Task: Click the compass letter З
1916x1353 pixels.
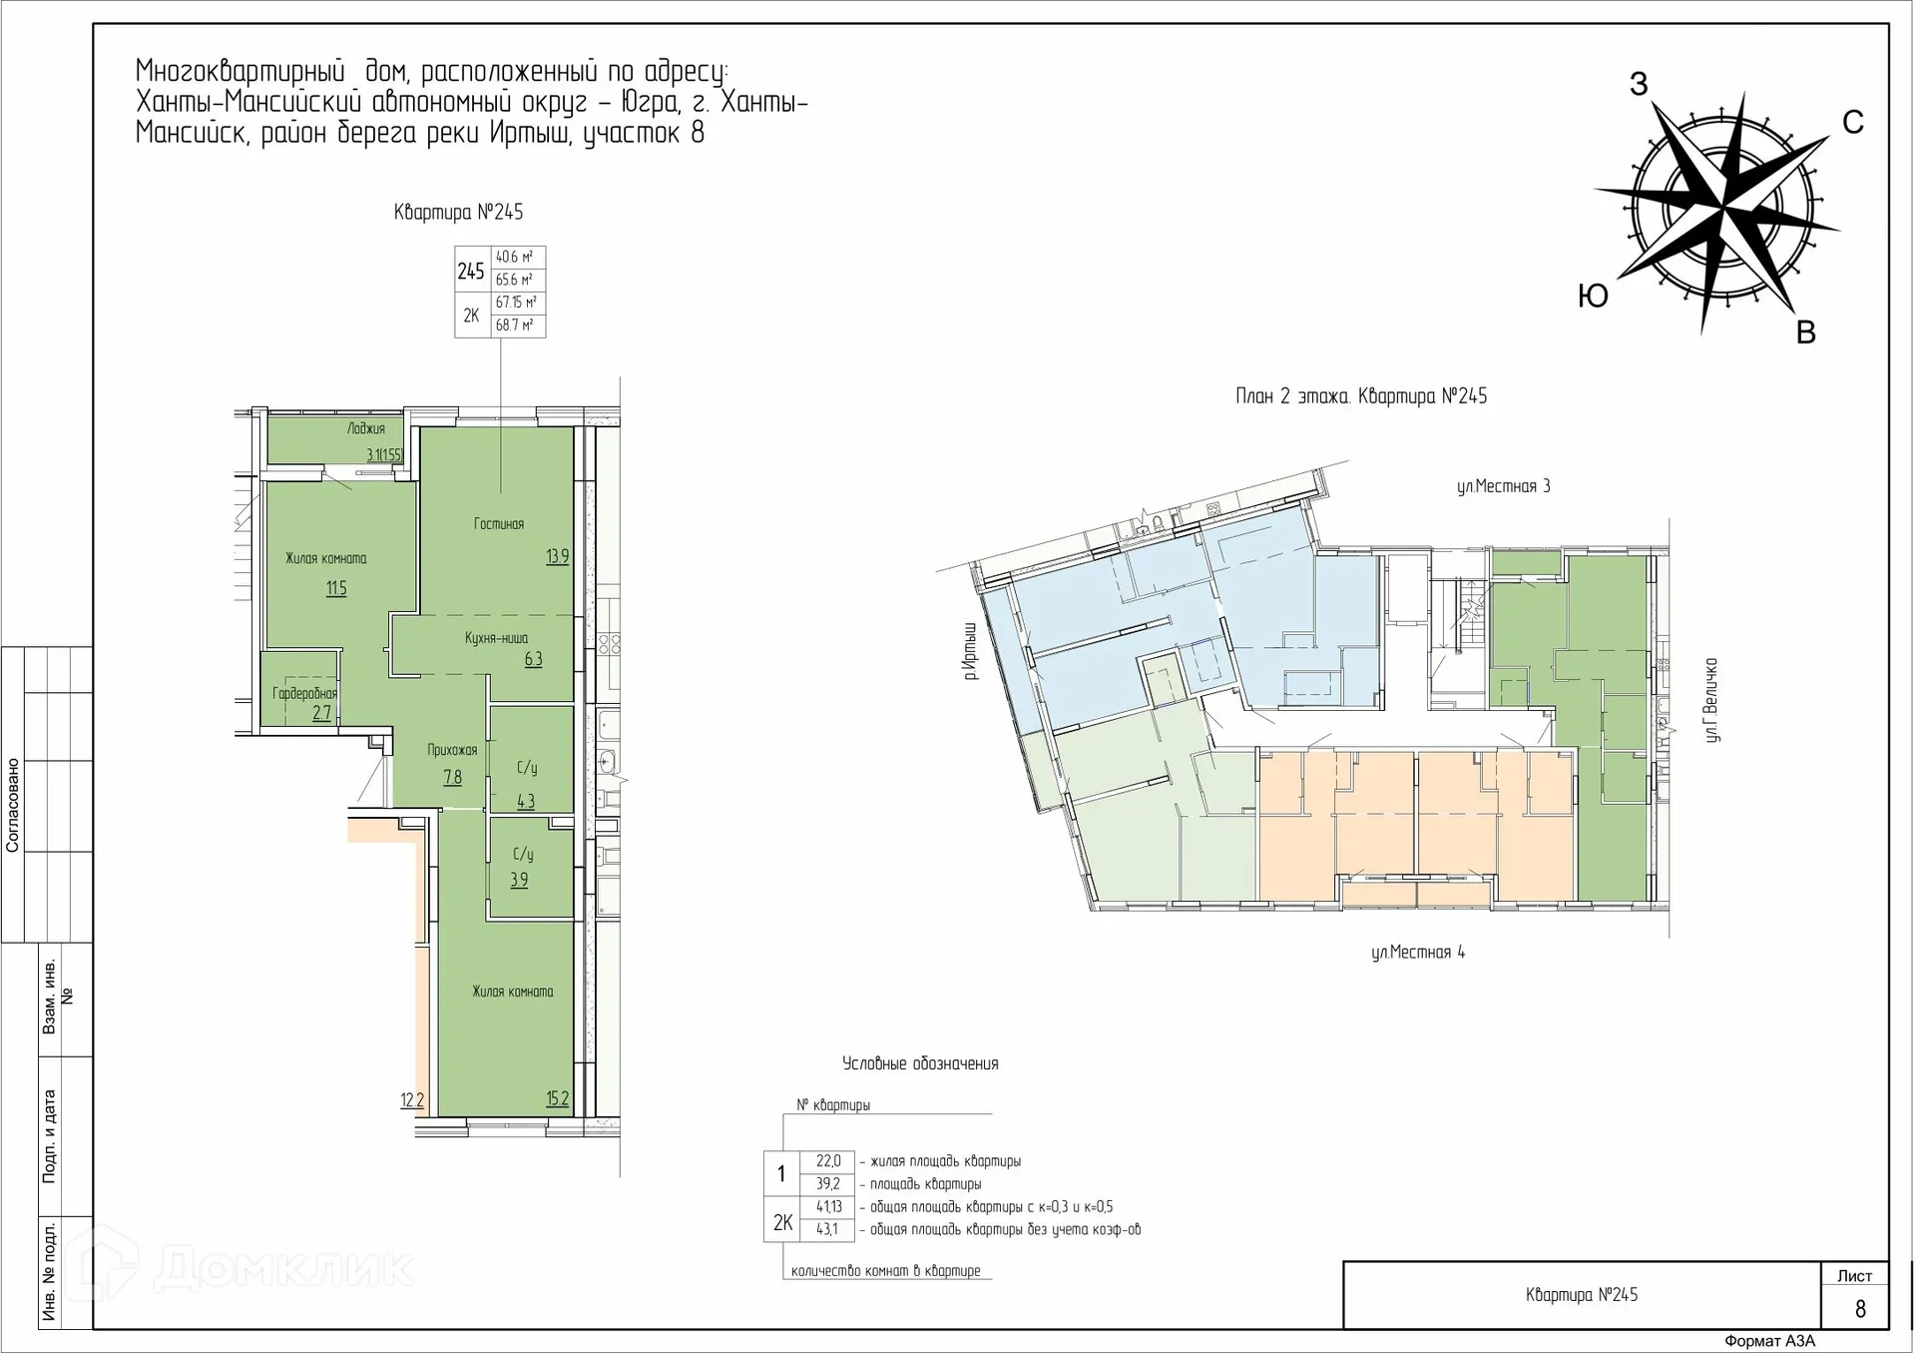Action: tap(1639, 84)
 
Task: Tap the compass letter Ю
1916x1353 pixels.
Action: tap(1593, 296)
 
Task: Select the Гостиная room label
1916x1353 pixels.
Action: tap(499, 524)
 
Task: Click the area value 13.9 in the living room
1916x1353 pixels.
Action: tap(558, 556)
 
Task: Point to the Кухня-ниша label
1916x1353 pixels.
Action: tap(496, 638)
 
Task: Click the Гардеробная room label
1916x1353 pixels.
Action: tap(304, 693)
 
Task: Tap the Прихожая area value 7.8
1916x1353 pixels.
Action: tap(452, 777)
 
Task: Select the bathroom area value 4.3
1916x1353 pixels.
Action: tap(526, 801)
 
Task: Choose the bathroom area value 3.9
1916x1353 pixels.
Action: tap(519, 880)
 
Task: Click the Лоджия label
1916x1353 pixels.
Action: tap(366, 429)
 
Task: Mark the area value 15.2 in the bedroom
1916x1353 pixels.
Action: tap(558, 1099)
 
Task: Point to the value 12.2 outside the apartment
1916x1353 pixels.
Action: tap(412, 1100)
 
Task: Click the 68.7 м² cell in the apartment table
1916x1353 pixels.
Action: tap(515, 325)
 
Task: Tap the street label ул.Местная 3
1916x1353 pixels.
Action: tap(1503, 486)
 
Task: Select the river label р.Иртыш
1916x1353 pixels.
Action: tap(970, 650)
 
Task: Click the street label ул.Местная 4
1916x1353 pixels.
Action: tap(1418, 952)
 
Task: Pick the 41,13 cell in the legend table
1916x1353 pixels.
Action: tap(829, 1207)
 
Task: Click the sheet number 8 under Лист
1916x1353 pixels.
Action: tap(1860, 1309)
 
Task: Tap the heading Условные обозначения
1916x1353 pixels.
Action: tap(920, 1063)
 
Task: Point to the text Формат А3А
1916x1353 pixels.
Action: tap(1770, 1341)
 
